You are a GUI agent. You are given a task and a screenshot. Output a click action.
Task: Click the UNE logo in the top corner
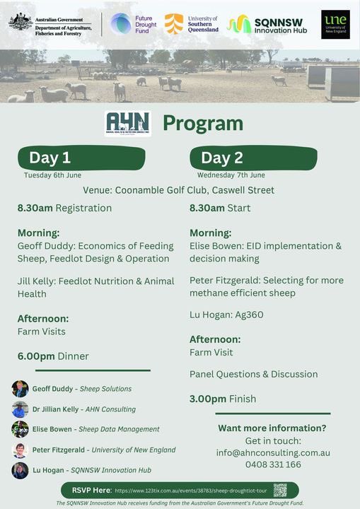click(x=335, y=24)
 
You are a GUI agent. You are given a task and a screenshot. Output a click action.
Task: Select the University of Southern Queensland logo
click(x=192, y=24)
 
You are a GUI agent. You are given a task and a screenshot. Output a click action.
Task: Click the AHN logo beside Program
click(x=127, y=124)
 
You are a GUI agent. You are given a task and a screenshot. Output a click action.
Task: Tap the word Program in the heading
click(x=203, y=124)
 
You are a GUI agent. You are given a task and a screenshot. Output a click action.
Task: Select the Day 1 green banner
click(x=82, y=158)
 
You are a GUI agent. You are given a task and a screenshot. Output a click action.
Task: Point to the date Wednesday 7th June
click(x=231, y=175)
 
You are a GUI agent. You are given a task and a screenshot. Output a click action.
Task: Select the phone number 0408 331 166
click(x=273, y=464)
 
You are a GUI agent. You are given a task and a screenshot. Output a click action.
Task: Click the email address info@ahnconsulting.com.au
click(x=273, y=452)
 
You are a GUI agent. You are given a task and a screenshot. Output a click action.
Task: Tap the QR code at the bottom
click(x=280, y=490)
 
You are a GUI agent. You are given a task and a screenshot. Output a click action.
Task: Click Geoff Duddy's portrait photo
click(x=20, y=389)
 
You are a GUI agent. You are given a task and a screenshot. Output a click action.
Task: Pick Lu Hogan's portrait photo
click(x=20, y=470)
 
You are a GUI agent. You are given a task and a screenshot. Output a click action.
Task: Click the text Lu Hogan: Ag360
click(x=226, y=315)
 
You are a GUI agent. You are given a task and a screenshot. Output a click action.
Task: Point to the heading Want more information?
click(x=272, y=428)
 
